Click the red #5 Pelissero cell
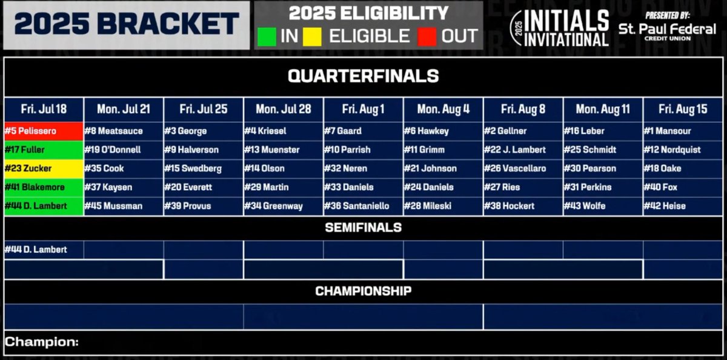44,131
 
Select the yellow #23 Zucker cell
44,168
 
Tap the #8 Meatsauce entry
124,131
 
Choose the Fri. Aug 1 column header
363,110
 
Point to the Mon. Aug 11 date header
602,110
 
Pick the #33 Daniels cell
363,187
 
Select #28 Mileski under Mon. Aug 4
443,206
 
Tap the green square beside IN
267,35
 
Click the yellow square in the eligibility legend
313,35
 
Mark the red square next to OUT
427,35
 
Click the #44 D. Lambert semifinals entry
44,249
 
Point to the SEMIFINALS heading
363,228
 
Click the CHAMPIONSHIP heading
363,292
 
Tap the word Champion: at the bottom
42,342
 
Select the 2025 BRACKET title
126,25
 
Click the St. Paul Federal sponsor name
666,29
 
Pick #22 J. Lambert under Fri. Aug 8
523,150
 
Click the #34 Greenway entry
283,206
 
